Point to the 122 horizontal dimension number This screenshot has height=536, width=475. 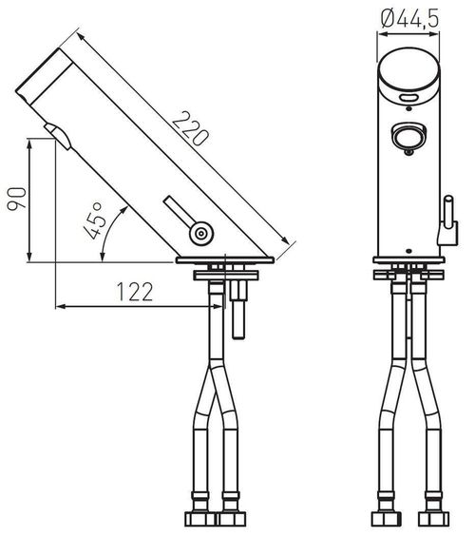click(136, 292)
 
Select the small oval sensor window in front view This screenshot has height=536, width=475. click(409, 98)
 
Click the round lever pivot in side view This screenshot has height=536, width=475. click(199, 233)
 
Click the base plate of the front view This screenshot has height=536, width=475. click(409, 260)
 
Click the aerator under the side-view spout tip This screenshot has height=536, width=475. click(59, 135)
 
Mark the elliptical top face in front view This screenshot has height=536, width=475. click(409, 74)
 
